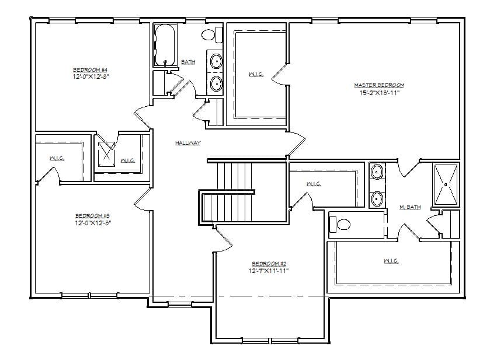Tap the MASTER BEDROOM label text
click(x=378, y=85)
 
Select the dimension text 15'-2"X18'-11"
click(x=379, y=92)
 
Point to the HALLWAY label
click(x=187, y=143)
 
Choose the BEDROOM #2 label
click(x=269, y=263)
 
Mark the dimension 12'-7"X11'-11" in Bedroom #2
click(x=269, y=270)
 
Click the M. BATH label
click(x=409, y=207)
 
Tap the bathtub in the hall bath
click(x=165, y=46)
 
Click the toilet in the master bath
click(x=340, y=224)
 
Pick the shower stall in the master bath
click(x=446, y=185)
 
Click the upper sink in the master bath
click(x=378, y=172)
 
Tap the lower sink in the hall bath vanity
click(x=215, y=83)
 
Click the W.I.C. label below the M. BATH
click(x=391, y=261)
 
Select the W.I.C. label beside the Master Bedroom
click(x=255, y=74)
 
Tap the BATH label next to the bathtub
click(x=188, y=62)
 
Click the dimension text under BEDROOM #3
click(x=92, y=222)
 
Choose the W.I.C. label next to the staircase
click(x=314, y=184)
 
